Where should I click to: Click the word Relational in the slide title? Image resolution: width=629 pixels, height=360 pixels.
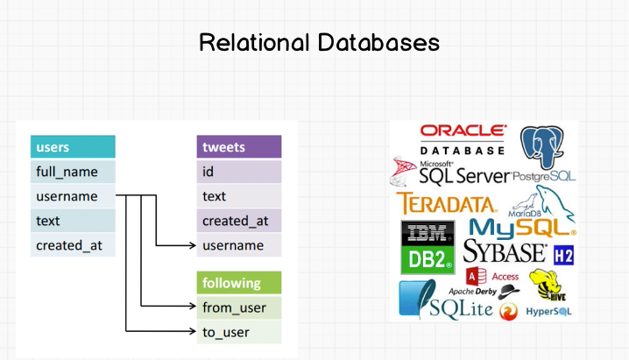point(250,42)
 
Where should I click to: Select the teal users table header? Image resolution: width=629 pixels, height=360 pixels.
point(73,147)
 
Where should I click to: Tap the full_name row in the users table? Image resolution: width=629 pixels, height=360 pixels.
point(73,172)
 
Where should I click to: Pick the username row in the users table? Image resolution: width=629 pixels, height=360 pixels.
point(73,196)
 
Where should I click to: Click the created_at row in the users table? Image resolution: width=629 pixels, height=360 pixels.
point(73,245)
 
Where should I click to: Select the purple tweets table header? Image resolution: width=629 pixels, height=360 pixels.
point(238,147)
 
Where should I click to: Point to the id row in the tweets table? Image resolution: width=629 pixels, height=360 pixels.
point(238,172)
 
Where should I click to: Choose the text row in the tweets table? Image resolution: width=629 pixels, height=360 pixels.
point(238,196)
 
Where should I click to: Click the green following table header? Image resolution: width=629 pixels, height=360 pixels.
point(238,283)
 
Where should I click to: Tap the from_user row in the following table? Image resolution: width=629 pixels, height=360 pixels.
point(238,307)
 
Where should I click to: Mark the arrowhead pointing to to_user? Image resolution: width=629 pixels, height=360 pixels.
point(190,332)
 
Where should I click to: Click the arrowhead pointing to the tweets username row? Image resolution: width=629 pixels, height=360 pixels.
point(190,245)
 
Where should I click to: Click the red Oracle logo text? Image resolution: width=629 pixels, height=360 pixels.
point(463,131)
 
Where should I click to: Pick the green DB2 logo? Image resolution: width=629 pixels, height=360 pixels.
point(428,259)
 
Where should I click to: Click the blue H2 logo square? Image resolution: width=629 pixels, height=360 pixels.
point(563,255)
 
